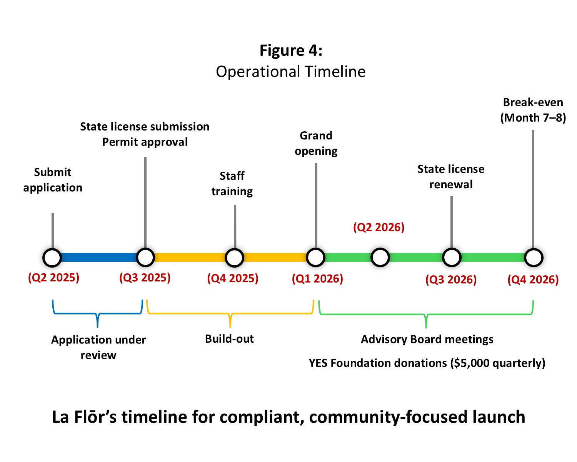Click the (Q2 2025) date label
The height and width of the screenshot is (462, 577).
pos(53,278)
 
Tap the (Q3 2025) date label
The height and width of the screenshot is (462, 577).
pos(145,278)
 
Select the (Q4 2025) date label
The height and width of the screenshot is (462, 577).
pos(232,278)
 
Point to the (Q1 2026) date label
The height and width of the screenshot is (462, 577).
pos(317,278)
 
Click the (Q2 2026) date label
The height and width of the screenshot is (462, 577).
pos(379,228)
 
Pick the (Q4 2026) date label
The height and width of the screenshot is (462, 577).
pos(533,280)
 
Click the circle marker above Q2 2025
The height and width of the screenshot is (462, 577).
pos(52,258)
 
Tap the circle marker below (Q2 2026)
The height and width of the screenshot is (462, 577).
pos(380,258)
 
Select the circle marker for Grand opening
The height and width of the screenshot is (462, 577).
pos(316,258)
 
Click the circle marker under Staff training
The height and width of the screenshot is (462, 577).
pos(234,258)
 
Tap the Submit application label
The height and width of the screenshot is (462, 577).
pos(53,180)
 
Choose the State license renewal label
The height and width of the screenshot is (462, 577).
pos(451,177)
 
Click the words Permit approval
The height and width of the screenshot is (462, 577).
pos(145,142)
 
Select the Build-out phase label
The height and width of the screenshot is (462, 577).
pos(229,339)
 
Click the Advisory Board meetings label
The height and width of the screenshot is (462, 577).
pos(427,340)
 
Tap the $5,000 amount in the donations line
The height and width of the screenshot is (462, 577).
pos(470,363)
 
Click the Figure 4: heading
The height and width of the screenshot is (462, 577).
pos(290,50)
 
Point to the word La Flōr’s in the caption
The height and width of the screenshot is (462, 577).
pos(84,417)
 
